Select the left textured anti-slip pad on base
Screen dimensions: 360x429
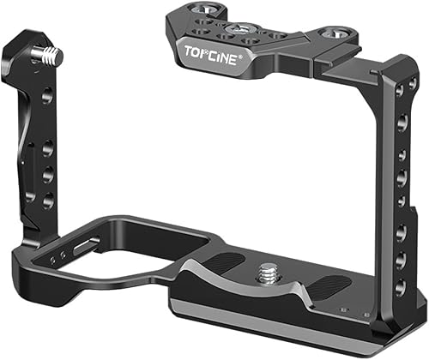[214, 261]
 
